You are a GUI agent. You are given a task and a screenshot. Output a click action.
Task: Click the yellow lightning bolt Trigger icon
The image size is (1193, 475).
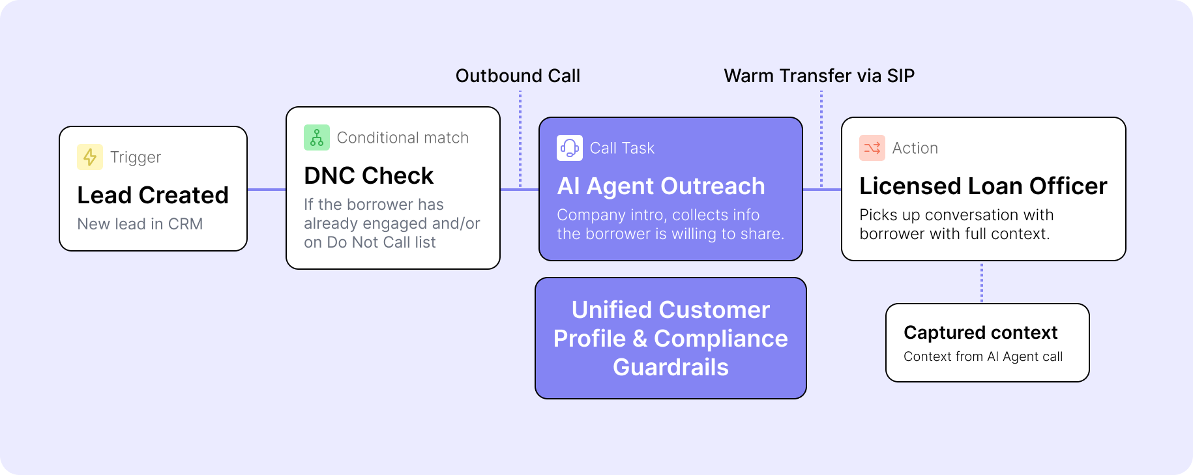[x=90, y=157]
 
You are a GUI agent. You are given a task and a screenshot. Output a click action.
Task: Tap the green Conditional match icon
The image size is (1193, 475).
[x=317, y=137]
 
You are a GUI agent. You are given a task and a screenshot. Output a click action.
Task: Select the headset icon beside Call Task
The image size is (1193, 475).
[x=570, y=148]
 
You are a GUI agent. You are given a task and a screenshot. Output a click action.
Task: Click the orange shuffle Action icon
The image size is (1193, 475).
[x=872, y=148]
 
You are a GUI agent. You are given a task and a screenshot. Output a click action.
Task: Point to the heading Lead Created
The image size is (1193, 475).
[x=153, y=195]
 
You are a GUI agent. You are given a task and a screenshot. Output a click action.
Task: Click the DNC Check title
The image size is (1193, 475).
[x=368, y=175]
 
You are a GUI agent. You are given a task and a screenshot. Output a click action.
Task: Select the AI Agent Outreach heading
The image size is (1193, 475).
[x=661, y=186]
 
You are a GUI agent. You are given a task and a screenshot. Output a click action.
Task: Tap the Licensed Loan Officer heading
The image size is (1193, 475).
[x=983, y=186]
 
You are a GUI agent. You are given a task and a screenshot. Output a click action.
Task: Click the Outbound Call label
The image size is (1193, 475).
[x=518, y=76]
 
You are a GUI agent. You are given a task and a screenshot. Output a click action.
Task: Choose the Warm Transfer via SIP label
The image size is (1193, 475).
[x=819, y=76]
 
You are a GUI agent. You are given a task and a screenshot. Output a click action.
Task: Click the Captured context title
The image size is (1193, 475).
[x=980, y=332]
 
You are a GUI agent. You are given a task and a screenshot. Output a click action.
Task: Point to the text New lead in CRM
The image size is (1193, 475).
[x=140, y=224]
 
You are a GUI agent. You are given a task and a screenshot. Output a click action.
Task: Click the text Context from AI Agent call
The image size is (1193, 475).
[x=983, y=356]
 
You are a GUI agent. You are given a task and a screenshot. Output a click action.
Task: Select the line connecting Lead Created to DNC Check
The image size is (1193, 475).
[x=267, y=190]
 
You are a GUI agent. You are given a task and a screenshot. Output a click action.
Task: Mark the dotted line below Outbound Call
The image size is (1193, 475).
[x=520, y=139]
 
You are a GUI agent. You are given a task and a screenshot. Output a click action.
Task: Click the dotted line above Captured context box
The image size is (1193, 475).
[x=982, y=283]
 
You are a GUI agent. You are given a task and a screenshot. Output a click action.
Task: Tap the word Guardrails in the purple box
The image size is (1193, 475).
[x=671, y=367]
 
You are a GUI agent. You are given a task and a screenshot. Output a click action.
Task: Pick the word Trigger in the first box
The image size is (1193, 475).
[x=136, y=158]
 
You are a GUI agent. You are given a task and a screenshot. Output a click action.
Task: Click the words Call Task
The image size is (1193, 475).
[x=622, y=149]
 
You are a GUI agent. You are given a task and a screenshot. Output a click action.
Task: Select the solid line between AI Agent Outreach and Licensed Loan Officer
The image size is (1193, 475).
[x=822, y=190]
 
